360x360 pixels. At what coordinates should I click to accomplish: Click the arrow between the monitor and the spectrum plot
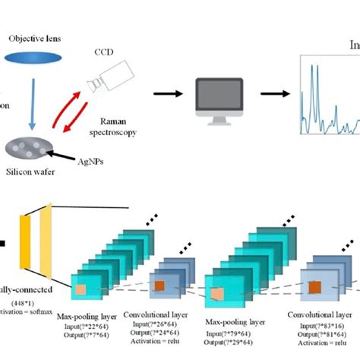pos(273,94)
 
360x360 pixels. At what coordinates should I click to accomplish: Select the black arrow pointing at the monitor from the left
pos(169,94)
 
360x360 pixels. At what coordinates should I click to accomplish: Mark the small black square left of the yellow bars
pos(3,244)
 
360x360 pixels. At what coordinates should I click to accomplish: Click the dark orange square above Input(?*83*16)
pos(314,287)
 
